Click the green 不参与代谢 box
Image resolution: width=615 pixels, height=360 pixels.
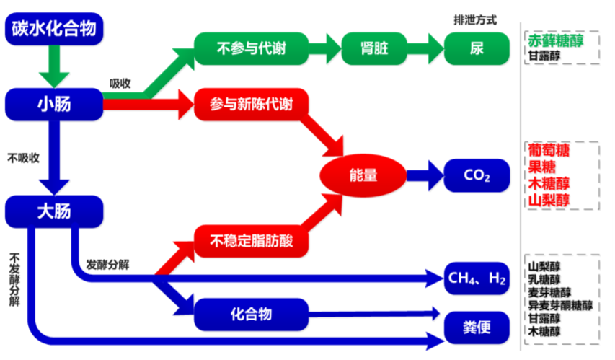[x=251, y=49]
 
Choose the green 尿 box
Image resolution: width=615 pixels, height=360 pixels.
[x=476, y=49]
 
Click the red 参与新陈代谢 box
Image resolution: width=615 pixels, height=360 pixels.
[x=251, y=104]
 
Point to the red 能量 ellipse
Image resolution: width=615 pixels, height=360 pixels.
[x=363, y=175]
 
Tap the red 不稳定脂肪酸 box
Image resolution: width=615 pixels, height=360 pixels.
[x=251, y=240]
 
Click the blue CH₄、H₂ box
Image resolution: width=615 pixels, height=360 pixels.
[x=477, y=278]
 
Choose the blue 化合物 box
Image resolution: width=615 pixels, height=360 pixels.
[x=251, y=314]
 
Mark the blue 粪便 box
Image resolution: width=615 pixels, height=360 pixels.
[x=477, y=326]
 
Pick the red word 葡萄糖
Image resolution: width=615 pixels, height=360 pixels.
[x=549, y=151]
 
